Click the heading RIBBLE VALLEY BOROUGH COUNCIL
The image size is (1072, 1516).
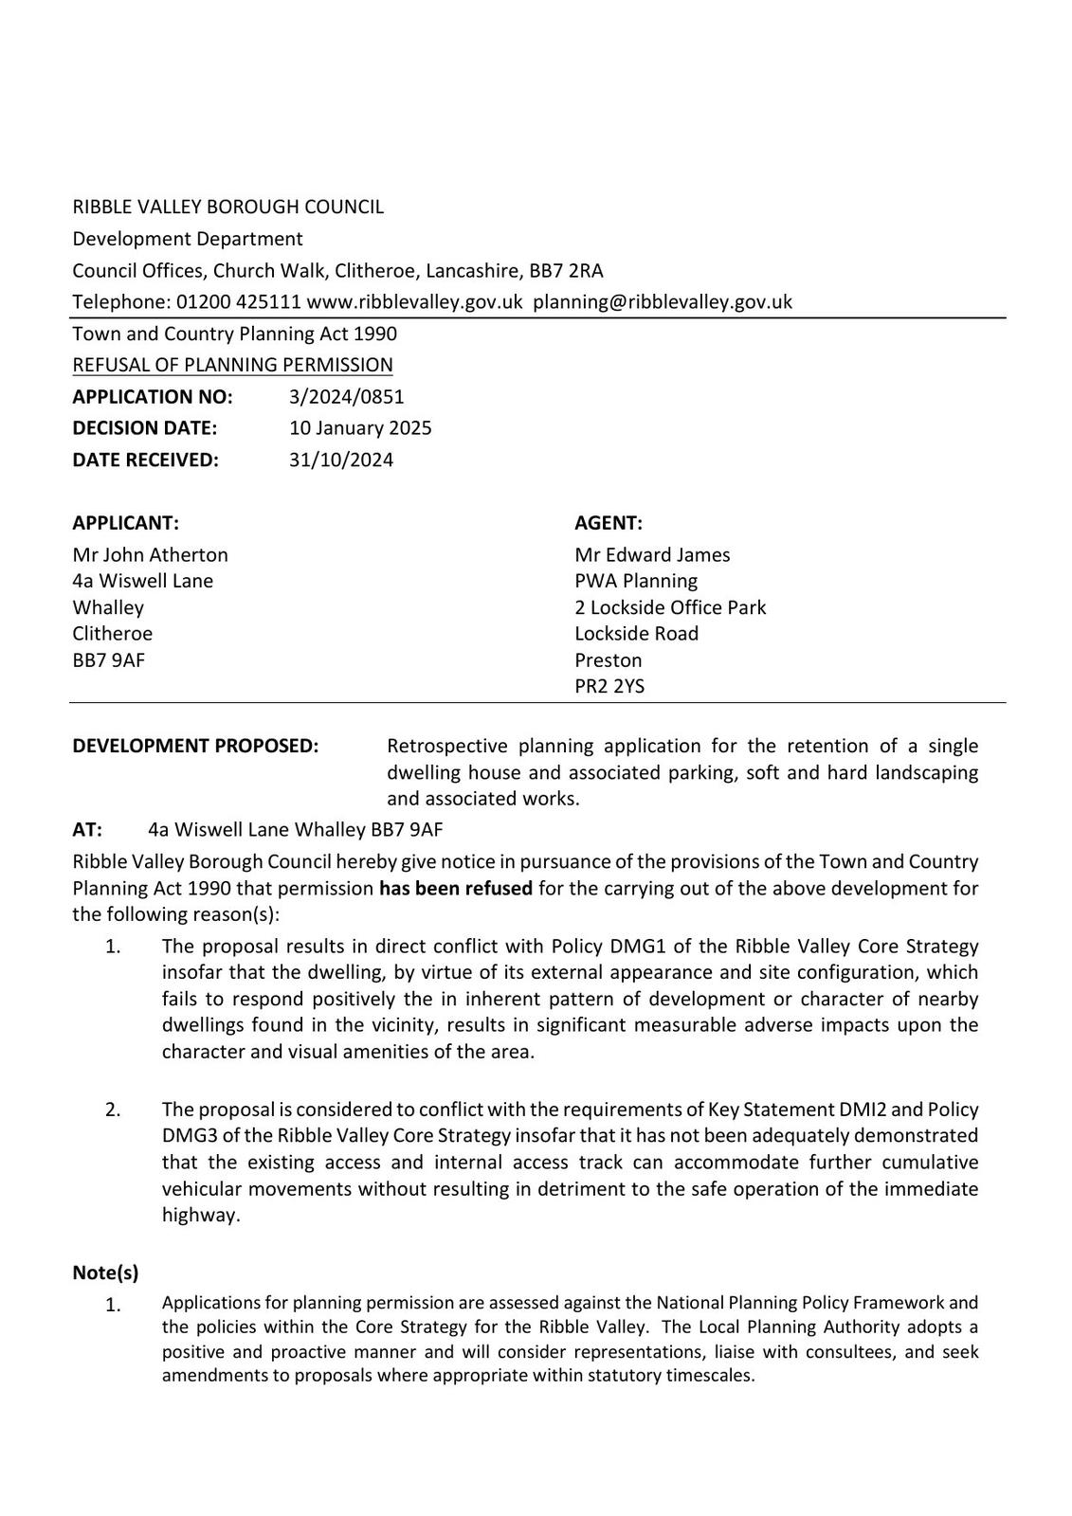pos(227,207)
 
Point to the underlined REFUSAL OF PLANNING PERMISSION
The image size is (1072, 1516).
pos(232,365)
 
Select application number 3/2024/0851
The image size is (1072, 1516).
pos(346,396)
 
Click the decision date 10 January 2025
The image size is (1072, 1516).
pos(360,427)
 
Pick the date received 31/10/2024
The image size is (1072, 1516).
pos(341,460)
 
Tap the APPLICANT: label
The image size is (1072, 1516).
pos(125,523)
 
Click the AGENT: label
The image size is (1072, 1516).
pos(609,523)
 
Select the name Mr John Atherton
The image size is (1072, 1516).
pos(150,554)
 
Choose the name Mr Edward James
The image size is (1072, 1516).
pos(652,554)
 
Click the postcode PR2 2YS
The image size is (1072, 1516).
pos(609,686)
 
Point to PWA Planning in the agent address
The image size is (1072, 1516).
pos(635,581)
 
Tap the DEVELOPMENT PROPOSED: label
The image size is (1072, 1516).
pos(195,746)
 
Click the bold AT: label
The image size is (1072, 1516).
pos(87,830)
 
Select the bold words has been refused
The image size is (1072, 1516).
pos(455,889)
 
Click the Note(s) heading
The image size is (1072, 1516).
pos(105,1272)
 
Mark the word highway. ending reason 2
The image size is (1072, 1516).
pos(201,1215)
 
